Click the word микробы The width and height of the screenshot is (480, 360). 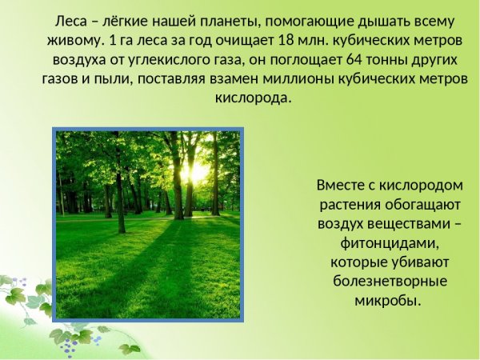388,300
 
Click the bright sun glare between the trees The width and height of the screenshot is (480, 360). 194,170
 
